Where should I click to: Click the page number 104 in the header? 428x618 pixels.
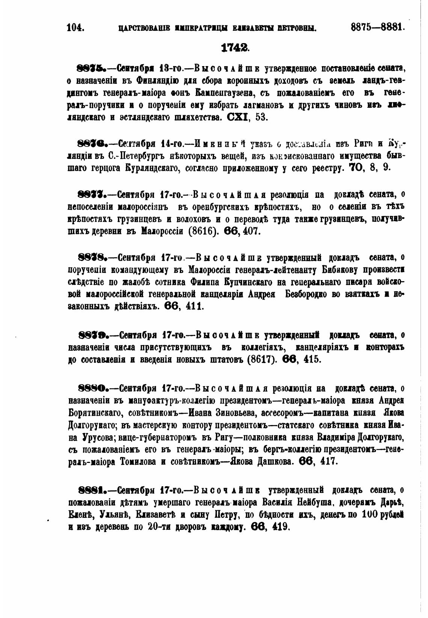tap(75, 28)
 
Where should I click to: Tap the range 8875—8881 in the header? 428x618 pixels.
tap(378, 27)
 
